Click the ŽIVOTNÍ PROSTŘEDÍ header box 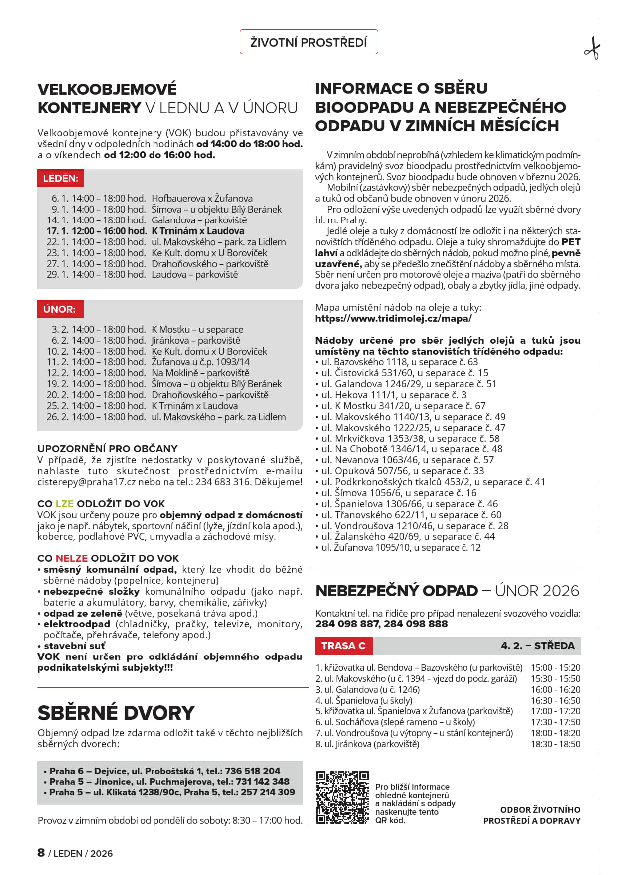309,42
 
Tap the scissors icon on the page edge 592,49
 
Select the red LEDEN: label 60,178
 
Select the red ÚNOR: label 60,309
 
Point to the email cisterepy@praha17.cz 79,482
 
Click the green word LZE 64,504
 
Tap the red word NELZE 71,558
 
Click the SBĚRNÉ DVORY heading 116,713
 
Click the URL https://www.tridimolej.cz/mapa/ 393,318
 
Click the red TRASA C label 343,646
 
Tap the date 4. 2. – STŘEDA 537,646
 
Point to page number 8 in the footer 41,852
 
